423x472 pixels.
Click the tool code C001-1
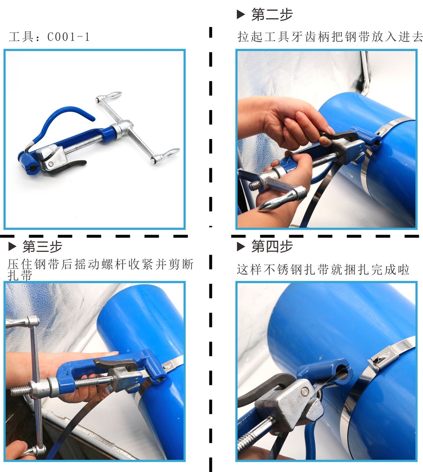[69, 37]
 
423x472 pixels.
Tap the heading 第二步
[272, 14]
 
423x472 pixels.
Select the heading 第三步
[42, 247]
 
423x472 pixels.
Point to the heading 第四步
[272, 246]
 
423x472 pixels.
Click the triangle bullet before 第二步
[241, 14]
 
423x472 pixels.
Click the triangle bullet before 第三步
[12, 247]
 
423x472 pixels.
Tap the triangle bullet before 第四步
[241, 247]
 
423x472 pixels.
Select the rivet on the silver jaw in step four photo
[305, 391]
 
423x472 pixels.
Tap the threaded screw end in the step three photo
[20, 390]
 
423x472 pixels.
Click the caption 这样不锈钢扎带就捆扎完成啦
[323, 269]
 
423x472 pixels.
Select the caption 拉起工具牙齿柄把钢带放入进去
[330, 37]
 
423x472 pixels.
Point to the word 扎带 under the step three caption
[20, 275]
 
